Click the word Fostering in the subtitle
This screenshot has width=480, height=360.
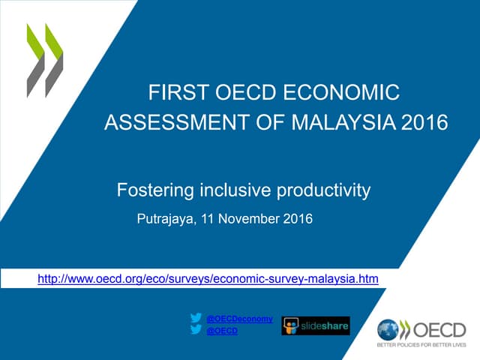point(154,190)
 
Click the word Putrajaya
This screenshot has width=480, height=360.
point(168,220)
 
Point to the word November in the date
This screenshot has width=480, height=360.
point(249,220)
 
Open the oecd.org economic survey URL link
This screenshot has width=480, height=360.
point(208,279)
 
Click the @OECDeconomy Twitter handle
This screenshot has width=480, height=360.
point(239,319)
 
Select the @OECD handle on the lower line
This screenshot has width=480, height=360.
point(221,331)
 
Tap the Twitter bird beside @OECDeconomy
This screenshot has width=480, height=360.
point(196,318)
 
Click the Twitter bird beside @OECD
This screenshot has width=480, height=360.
point(196,331)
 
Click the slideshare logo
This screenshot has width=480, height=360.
point(316,325)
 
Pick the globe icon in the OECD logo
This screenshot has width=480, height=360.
point(388,329)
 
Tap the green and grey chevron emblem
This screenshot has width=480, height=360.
point(45,60)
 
